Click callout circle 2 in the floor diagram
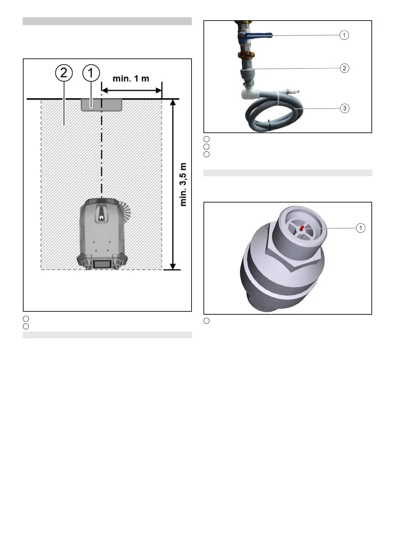[64, 73]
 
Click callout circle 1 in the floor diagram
[91, 73]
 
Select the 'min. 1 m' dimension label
[131, 79]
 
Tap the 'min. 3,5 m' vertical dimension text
[183, 185]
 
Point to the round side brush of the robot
[126, 209]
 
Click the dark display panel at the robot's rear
[102, 264]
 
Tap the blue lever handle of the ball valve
[260, 36]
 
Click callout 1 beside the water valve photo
[344, 35]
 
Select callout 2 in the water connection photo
[344, 68]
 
